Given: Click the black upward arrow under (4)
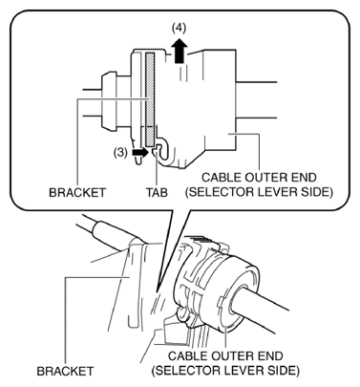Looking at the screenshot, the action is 179,51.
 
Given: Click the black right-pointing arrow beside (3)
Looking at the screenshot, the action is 140,152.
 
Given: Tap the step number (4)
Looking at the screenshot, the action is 179,29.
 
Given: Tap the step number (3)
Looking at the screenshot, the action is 120,153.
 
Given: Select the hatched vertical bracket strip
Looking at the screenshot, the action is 150,98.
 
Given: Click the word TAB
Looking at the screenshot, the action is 157,192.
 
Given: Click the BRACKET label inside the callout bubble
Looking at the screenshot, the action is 76,192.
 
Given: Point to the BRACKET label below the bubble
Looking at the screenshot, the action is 65,371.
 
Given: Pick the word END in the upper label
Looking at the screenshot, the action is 304,177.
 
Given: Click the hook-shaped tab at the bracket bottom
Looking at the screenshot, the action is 161,149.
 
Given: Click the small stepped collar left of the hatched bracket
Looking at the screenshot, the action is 109,101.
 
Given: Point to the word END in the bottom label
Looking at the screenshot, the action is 270,355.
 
